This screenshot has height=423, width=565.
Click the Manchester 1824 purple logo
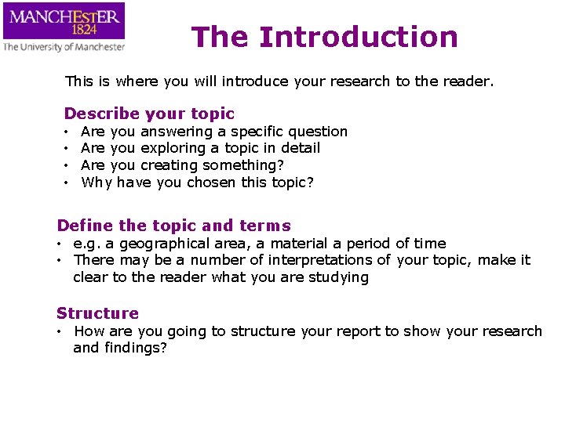pyautogui.click(x=64, y=21)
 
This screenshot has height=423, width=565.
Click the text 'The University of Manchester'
pyautogui.click(x=64, y=47)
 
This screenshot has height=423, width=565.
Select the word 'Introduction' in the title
pyautogui.click(x=358, y=37)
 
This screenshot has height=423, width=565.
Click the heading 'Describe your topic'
pyautogui.click(x=149, y=114)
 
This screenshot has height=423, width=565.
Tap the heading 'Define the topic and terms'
pyautogui.click(x=173, y=226)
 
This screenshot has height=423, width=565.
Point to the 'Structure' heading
pyautogui.click(x=97, y=313)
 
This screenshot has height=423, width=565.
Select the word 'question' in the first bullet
pyautogui.click(x=318, y=132)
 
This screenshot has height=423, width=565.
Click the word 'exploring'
pyautogui.click(x=173, y=148)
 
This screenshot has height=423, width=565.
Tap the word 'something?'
pyautogui.click(x=243, y=165)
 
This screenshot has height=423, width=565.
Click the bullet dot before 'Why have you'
pyautogui.click(x=67, y=183)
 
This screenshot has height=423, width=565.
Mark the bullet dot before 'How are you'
pyautogui.click(x=60, y=331)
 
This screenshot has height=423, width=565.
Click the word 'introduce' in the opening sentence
pyautogui.click(x=257, y=81)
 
